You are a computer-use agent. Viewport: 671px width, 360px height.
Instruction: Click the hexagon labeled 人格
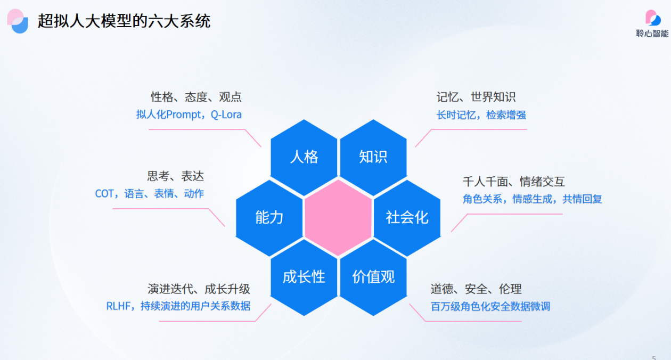coord(304,157)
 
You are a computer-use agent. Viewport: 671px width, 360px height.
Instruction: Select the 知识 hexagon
coord(373,157)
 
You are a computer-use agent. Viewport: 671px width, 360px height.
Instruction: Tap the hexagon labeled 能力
coord(269,218)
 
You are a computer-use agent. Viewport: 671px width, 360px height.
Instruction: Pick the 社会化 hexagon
coord(407,218)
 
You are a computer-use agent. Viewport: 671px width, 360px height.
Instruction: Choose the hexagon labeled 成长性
coord(304,277)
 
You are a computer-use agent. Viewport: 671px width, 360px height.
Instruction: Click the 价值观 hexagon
coord(373,277)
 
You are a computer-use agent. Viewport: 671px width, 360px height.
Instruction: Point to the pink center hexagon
coord(338,218)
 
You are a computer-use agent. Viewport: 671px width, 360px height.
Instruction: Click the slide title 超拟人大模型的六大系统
coord(124,21)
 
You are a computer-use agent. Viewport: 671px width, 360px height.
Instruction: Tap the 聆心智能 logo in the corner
coord(652,24)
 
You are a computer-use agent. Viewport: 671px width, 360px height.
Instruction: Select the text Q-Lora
coord(226,114)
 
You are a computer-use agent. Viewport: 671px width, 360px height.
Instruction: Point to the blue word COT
coord(104,194)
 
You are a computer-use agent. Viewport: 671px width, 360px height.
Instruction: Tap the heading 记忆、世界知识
coord(476,97)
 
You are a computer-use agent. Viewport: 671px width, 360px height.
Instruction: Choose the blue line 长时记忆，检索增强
coord(481,115)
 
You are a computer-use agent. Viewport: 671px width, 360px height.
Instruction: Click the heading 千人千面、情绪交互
coord(514,182)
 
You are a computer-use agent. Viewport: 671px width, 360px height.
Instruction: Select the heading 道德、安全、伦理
coord(476,289)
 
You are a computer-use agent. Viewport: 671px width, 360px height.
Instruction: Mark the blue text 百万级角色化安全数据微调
coord(490,306)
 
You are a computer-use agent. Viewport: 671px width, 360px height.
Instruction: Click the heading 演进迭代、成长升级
coord(199,289)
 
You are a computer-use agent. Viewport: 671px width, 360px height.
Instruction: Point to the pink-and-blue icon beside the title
coord(18,21)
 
